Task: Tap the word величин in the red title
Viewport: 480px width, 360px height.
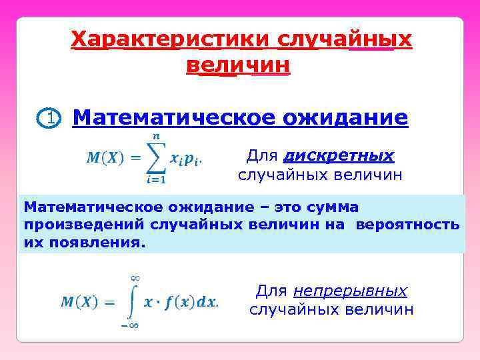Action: (x=238, y=65)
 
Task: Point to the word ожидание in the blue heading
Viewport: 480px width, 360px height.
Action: (x=345, y=118)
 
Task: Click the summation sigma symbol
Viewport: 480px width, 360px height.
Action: (x=155, y=158)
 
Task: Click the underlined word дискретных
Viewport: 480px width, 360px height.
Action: (x=339, y=156)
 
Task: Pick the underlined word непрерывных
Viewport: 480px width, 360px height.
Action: (x=350, y=291)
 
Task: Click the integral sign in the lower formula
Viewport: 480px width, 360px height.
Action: (x=133, y=301)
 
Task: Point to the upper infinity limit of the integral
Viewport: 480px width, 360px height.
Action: (x=133, y=277)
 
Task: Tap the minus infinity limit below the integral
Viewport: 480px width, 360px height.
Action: (x=129, y=325)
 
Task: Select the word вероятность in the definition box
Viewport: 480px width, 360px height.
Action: (x=407, y=225)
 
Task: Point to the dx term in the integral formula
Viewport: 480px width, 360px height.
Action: (x=208, y=301)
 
